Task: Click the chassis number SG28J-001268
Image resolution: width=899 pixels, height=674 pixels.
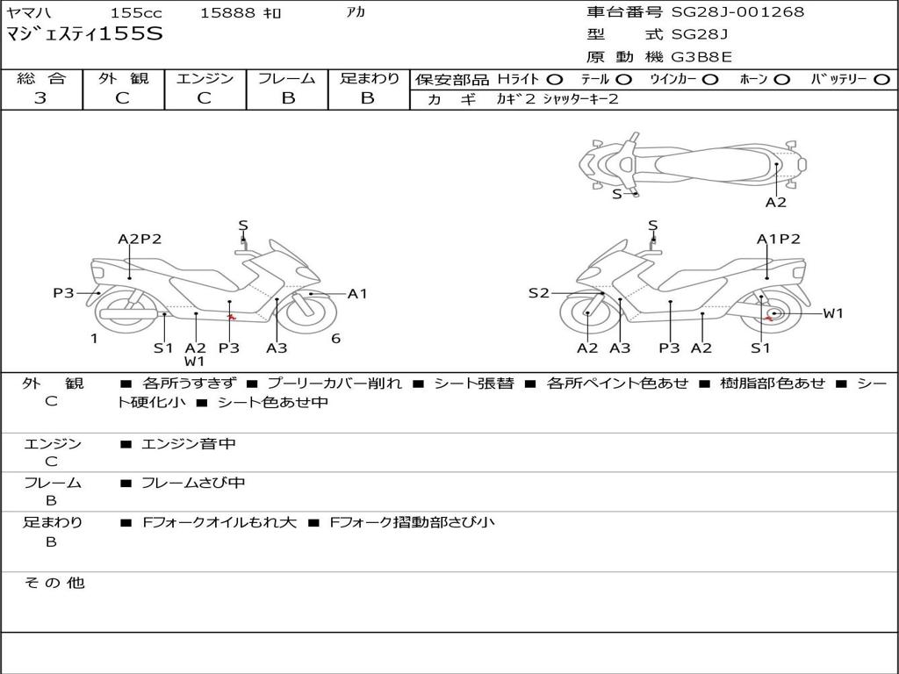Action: click(737, 12)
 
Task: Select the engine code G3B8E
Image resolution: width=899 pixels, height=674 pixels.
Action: click(701, 58)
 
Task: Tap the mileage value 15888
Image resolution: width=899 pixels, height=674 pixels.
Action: click(227, 13)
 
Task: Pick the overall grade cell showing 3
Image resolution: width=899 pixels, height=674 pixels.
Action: click(40, 98)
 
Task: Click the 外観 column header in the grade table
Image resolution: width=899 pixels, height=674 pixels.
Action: click(123, 79)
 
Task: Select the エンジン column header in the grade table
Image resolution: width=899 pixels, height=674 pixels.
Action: click(205, 79)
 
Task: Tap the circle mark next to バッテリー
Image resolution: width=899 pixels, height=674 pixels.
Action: click(881, 80)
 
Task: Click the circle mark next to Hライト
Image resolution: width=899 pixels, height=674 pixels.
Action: click(554, 80)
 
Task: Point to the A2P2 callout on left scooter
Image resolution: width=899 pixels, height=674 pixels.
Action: click(140, 239)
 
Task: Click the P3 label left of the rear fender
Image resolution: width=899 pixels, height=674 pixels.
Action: click(63, 293)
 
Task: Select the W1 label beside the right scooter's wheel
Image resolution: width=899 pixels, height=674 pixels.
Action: click(832, 313)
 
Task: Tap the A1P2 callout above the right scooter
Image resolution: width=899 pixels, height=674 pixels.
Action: click(779, 239)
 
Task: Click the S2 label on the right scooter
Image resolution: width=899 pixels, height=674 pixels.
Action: click(538, 293)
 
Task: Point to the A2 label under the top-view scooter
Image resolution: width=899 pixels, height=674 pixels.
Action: click(775, 203)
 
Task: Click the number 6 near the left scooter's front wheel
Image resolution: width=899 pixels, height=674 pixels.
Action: click(335, 339)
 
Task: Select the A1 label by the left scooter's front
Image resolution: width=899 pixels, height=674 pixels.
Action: click(357, 294)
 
